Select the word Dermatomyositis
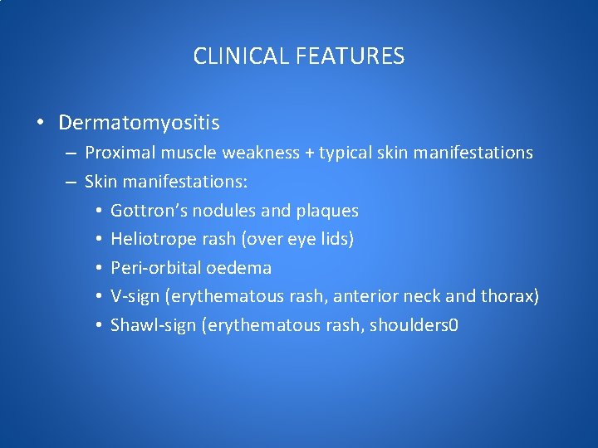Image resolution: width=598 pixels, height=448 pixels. (x=139, y=124)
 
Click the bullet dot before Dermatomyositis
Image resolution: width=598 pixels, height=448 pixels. (x=40, y=124)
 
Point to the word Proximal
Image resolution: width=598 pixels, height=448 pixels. (x=117, y=153)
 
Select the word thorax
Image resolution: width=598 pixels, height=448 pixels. (x=512, y=297)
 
